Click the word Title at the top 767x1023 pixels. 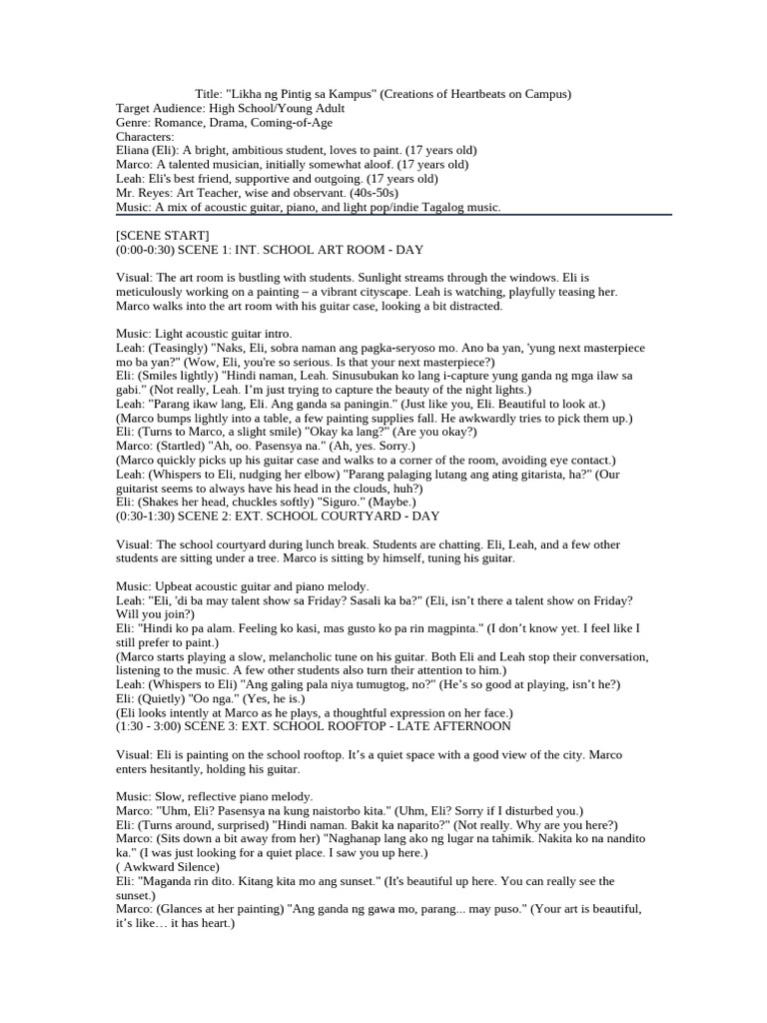tap(207, 94)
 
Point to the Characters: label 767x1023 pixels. tap(145, 136)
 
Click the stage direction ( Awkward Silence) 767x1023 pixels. tap(167, 867)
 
